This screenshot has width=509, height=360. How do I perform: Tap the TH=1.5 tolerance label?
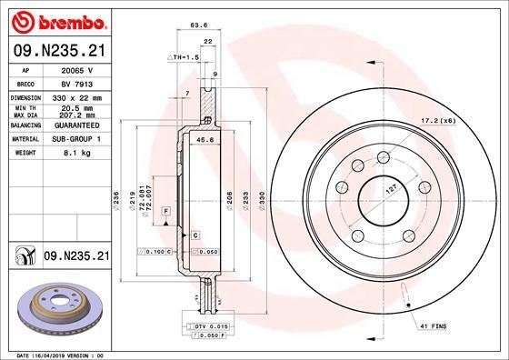point(185,57)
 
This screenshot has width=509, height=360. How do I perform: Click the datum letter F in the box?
point(166,211)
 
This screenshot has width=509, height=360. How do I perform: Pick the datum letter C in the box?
point(195,235)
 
